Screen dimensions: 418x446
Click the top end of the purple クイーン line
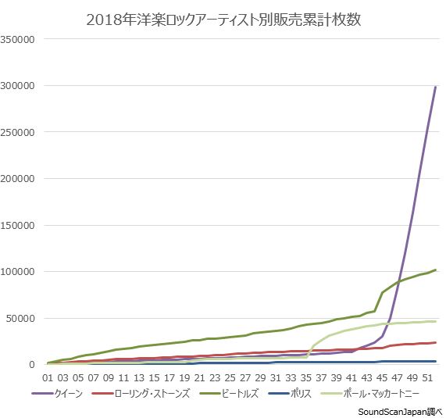point(435,87)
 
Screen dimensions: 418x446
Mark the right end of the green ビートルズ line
point(435,270)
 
